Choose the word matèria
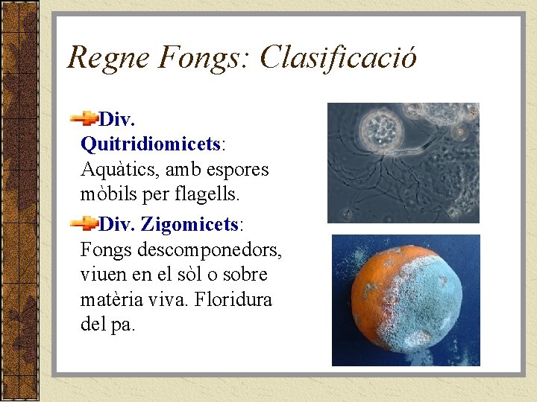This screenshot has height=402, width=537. tap(111, 300)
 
